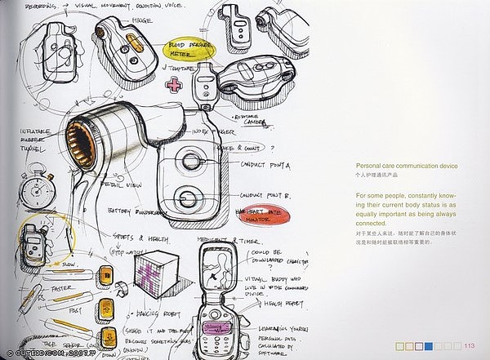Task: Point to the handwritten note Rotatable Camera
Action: click(x=250, y=122)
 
